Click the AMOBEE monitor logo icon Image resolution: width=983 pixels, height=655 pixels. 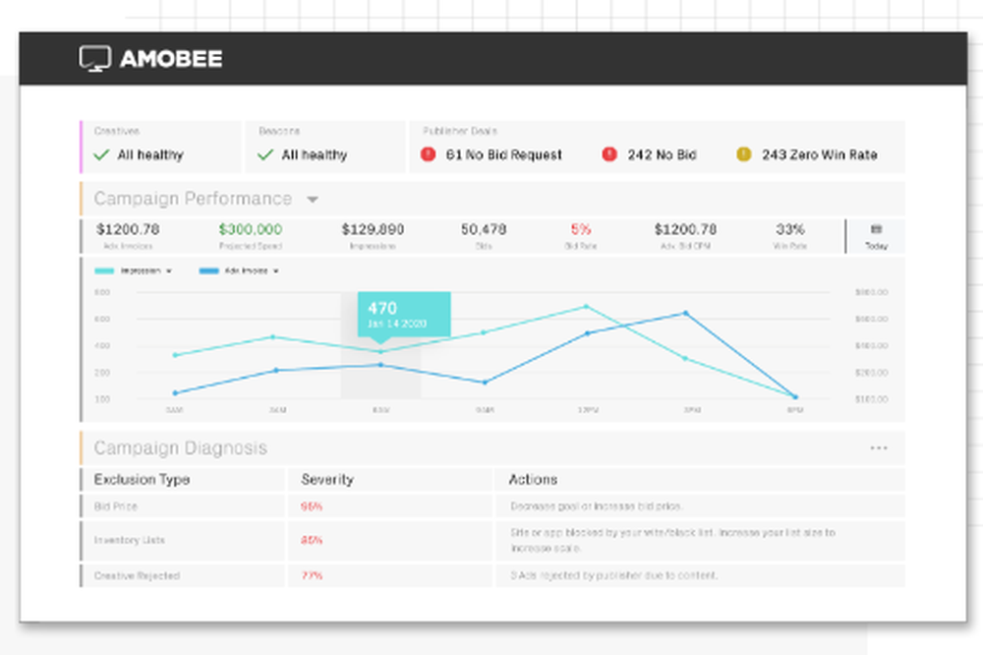[x=95, y=59]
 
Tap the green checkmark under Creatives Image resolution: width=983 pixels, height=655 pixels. [x=100, y=154]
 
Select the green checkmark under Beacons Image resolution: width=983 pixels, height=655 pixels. [x=264, y=154]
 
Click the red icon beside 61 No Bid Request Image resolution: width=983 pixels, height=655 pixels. [x=429, y=154]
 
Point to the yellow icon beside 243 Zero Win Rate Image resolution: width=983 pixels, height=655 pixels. [x=743, y=154]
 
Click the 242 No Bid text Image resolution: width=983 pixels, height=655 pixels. [x=662, y=154]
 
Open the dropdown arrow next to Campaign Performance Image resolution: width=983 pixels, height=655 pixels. [x=313, y=200]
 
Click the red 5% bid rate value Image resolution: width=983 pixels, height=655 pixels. [x=580, y=229]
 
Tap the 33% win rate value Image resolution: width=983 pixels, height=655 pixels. [x=790, y=229]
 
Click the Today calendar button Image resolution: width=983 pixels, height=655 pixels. [x=876, y=236]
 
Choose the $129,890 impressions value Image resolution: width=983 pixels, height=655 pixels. [x=373, y=229]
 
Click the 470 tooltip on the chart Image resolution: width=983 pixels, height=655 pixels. [x=403, y=314]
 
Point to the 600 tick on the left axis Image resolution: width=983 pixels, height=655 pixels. [x=102, y=320]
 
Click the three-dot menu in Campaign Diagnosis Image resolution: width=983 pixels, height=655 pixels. [x=878, y=448]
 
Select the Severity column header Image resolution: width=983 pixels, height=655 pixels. [x=327, y=480]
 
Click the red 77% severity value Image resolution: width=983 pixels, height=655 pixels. [x=312, y=575]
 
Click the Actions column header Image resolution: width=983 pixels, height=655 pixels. [x=533, y=480]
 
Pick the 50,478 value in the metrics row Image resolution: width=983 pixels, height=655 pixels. [x=484, y=229]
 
